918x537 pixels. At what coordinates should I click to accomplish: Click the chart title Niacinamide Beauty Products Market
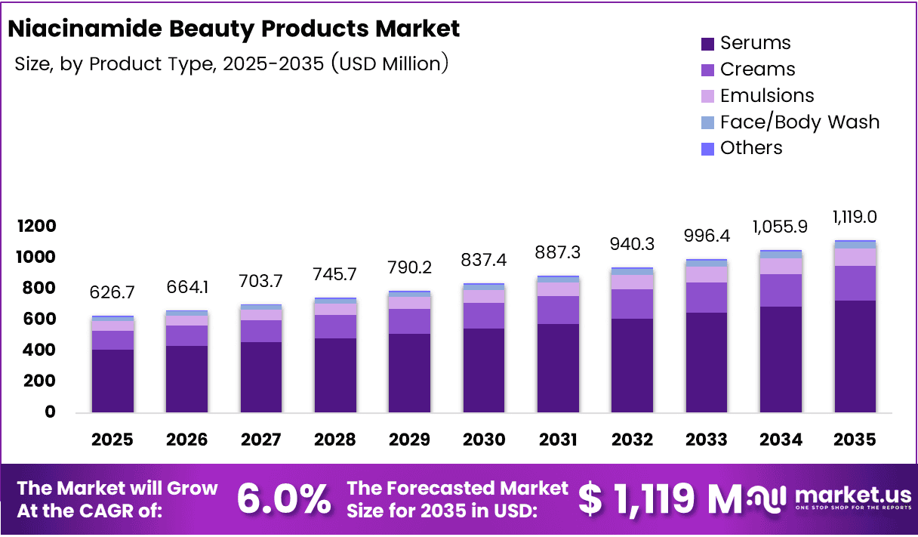(x=233, y=29)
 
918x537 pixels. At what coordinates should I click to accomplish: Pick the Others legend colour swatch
(x=707, y=149)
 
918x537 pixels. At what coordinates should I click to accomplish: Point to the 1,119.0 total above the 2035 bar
(x=855, y=218)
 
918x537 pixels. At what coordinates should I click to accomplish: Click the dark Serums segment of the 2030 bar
(x=484, y=370)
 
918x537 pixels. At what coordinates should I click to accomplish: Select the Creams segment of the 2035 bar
(x=855, y=283)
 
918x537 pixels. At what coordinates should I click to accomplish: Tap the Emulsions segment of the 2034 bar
(x=781, y=266)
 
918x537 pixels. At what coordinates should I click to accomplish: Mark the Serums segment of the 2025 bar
(x=112, y=381)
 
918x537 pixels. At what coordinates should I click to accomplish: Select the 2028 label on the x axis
(x=335, y=440)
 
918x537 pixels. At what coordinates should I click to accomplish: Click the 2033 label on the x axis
(x=707, y=440)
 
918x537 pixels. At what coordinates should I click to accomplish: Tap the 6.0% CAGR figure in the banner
(x=283, y=498)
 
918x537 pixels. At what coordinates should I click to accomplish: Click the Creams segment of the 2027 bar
(x=261, y=331)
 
